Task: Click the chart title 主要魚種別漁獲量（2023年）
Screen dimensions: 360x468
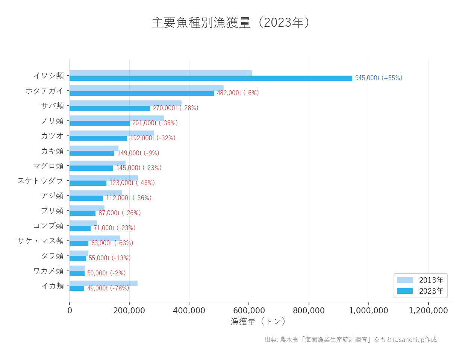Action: [x=231, y=23]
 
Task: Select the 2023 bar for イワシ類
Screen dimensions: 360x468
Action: [x=211, y=78]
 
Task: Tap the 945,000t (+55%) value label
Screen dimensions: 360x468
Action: [x=379, y=78]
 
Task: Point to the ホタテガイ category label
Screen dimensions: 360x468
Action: [x=44, y=91]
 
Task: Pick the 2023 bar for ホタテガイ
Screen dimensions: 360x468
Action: [x=141, y=93]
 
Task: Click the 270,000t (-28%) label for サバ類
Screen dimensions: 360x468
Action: [x=176, y=108]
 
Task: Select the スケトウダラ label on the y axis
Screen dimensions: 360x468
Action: [x=40, y=181]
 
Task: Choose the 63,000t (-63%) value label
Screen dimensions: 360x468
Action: [x=112, y=243]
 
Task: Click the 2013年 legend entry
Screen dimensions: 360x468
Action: [x=420, y=280]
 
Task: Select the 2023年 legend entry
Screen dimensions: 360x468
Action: [x=420, y=291]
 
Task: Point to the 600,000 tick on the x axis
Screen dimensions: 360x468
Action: [x=249, y=311]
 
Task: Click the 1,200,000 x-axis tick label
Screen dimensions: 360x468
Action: [x=428, y=311]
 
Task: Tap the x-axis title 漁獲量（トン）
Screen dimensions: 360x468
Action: [x=258, y=321]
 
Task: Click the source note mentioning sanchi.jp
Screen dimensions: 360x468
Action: [x=350, y=340]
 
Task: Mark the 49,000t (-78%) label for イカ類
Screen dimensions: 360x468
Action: [x=108, y=288]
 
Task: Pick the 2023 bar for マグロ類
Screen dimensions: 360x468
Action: [x=91, y=168]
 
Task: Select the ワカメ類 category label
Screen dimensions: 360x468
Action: [x=48, y=271]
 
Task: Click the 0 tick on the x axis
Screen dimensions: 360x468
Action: [x=70, y=311]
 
